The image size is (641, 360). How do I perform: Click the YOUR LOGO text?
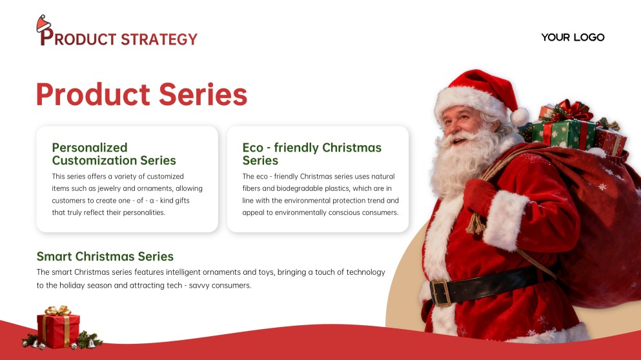click(573, 37)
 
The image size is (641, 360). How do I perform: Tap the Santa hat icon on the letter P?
click(43, 25)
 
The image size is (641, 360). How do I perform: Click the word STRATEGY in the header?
click(159, 39)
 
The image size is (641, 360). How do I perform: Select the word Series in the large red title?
click(203, 94)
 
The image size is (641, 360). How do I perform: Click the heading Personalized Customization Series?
click(114, 154)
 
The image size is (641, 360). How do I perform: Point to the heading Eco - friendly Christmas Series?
click(312, 154)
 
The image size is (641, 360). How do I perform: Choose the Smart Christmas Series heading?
click(105, 256)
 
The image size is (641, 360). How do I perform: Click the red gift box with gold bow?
click(59, 328)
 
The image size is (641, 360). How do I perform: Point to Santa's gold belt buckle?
click(441, 292)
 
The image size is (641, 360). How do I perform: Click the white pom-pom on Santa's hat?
click(519, 117)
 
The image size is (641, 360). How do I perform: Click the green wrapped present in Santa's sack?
click(563, 134)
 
